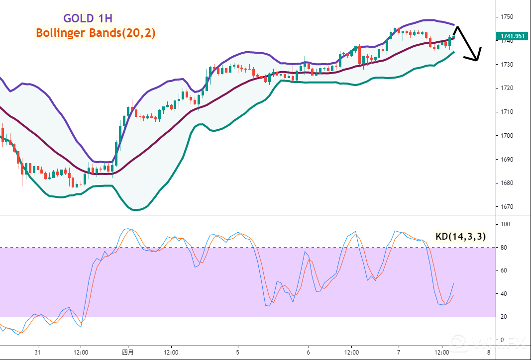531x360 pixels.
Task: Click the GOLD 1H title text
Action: point(88,18)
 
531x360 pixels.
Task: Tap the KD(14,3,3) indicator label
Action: point(460,237)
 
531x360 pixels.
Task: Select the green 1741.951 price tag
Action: point(513,36)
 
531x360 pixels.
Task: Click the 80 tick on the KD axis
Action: point(504,248)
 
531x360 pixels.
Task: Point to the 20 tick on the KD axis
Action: point(504,317)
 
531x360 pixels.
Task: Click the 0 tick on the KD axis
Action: point(503,340)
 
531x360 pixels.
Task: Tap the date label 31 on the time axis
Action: point(37,352)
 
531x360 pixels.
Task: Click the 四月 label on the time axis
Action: point(128,352)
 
